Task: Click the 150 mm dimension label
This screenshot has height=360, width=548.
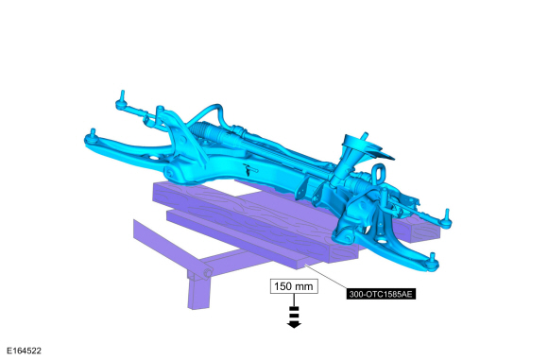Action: click(x=294, y=286)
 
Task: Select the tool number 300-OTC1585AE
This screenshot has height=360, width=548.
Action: click(x=381, y=294)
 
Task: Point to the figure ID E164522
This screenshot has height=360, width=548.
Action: click(x=24, y=351)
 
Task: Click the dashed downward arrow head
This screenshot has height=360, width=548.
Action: click(x=294, y=325)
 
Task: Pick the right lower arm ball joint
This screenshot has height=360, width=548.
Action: click(x=433, y=262)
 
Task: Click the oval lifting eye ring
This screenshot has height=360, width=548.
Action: click(x=379, y=173)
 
